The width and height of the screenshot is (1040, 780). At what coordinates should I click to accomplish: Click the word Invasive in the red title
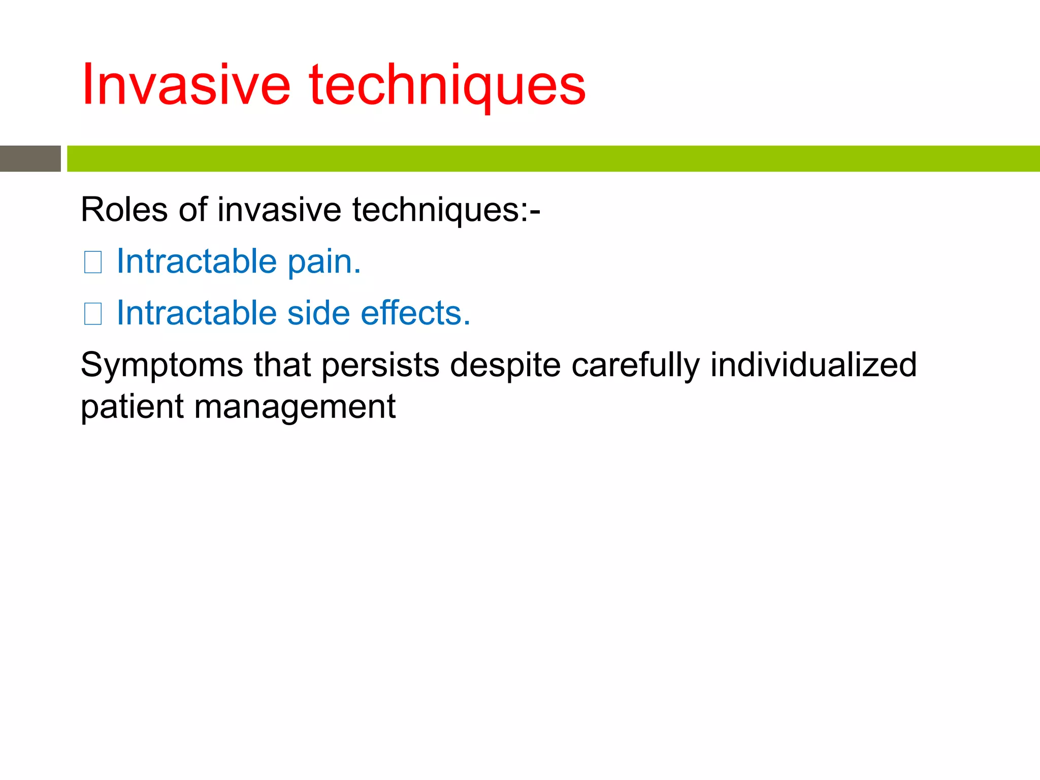tap(186, 85)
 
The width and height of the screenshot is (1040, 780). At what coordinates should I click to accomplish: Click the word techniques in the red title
tap(447, 85)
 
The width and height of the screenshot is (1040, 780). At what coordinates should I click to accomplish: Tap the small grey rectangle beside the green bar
tap(30, 158)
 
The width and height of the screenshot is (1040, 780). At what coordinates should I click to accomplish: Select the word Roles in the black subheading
tap(124, 210)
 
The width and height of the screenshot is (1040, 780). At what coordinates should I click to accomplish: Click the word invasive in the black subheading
tap(279, 210)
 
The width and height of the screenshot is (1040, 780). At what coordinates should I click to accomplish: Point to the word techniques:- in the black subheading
tap(446, 210)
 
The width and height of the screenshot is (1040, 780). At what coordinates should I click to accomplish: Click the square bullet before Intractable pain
tap(93, 263)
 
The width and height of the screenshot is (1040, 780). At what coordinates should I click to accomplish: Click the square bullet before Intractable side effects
tap(93, 314)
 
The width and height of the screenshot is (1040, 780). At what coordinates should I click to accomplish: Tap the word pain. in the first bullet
tap(324, 262)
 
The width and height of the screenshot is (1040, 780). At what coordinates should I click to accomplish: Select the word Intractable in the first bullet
tap(197, 262)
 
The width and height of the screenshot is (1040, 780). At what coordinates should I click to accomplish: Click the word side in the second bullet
tap(318, 313)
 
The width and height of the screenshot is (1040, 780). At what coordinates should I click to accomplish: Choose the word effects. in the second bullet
tap(415, 313)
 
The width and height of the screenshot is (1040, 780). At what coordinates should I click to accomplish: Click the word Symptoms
tap(161, 366)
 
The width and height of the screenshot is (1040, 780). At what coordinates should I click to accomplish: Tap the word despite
tap(505, 366)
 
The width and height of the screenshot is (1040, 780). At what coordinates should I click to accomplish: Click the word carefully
tap(635, 366)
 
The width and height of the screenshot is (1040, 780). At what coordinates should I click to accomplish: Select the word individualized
tap(813, 366)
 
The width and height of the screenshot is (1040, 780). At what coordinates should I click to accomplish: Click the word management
tap(295, 407)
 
